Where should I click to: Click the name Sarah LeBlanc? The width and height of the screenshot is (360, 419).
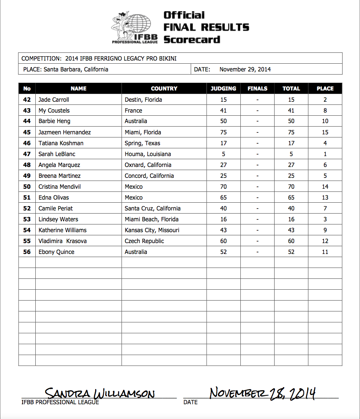pos(57,154)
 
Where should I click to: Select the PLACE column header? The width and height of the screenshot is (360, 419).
pos(325,89)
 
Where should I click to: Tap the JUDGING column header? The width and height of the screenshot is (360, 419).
pos(223,89)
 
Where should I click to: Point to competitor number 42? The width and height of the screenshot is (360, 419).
pos(27,100)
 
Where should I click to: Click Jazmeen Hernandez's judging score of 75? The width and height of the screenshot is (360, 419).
pos(223,132)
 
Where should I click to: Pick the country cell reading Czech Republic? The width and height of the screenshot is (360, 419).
pos(144,241)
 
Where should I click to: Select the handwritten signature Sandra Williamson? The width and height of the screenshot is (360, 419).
pos(99,394)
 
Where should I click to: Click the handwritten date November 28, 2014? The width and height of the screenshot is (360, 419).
pos(262,393)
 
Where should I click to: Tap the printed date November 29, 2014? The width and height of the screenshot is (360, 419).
pos(245,70)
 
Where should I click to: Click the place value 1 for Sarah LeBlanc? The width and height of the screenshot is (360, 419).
pos(325,154)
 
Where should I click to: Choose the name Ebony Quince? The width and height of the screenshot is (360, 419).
pos(56,252)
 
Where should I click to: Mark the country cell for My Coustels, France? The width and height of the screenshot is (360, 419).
pos(133,111)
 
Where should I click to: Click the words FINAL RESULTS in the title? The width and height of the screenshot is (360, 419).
pos(206,27)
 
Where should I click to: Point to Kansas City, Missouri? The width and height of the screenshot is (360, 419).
pos(152,230)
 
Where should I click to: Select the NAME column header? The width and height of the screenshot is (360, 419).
pos(78,89)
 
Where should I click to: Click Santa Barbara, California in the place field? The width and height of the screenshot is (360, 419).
pos(76,70)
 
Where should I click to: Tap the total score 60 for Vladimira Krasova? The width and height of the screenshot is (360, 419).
pos(291,241)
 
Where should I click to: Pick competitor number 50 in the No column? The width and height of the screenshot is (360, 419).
pos(27,187)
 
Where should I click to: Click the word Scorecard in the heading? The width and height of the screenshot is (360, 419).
pos(192,40)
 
